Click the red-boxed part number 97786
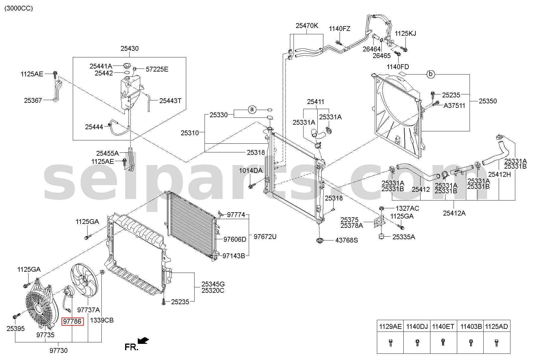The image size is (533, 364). click(72, 321)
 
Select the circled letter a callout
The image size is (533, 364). click(252, 110)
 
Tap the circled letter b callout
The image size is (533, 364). click(431, 74)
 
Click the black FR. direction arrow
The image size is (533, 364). click(143, 341)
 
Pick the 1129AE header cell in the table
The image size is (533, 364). click(390, 326)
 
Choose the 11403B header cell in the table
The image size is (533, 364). click(471, 326)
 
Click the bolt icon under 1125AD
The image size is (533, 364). click(497, 342)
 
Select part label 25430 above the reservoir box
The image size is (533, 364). click(130, 48)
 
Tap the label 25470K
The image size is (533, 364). click(307, 26)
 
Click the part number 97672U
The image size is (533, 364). click(265, 237)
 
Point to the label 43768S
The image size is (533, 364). click(347, 240)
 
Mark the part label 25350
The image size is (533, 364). click(488, 101)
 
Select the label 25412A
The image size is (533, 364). click(454, 213)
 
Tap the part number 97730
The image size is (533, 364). click(58, 350)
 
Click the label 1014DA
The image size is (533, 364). click(251, 171)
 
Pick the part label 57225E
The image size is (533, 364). click(157, 69)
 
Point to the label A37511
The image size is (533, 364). click(454, 106)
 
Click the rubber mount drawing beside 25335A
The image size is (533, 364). click(382, 237)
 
